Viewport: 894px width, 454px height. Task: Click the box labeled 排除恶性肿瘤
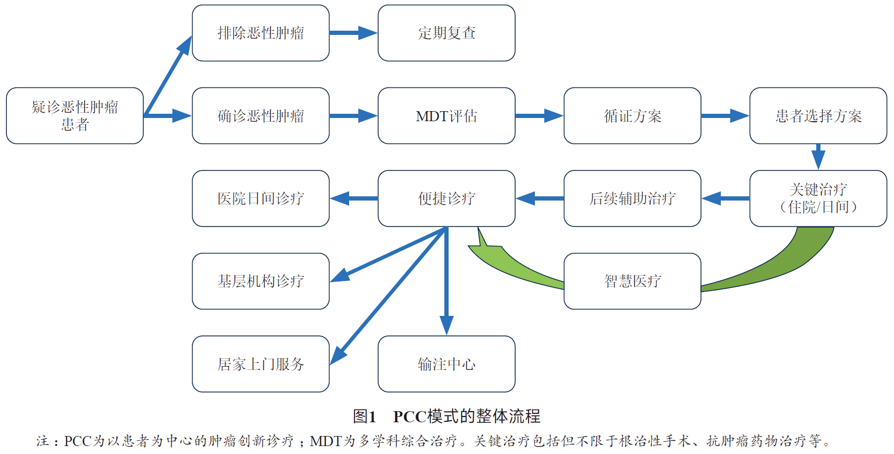[260, 33]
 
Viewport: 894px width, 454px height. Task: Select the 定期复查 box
[446, 33]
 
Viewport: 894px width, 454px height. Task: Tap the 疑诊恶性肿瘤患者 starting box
[75, 115]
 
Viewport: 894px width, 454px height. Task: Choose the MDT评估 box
[446, 115]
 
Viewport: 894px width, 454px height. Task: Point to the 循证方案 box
[632, 115]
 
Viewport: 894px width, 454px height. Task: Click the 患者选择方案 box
[818, 115]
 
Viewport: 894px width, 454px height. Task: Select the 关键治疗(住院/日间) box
[818, 198]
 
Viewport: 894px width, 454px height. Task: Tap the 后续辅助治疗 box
[632, 198]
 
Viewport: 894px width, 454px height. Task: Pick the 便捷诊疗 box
[446, 198]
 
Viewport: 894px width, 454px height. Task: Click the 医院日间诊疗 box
[260, 198]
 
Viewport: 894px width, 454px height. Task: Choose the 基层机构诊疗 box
[260, 281]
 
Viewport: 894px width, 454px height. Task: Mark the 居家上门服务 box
[260, 364]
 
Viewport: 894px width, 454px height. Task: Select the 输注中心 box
[446, 364]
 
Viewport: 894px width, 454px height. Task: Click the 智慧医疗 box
[632, 281]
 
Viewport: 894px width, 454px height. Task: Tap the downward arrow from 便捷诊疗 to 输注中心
[446, 280]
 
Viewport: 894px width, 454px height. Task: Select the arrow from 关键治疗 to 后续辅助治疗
[725, 198]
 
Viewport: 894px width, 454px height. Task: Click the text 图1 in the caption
[364, 416]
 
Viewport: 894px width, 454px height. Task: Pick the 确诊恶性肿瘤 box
[260, 115]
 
